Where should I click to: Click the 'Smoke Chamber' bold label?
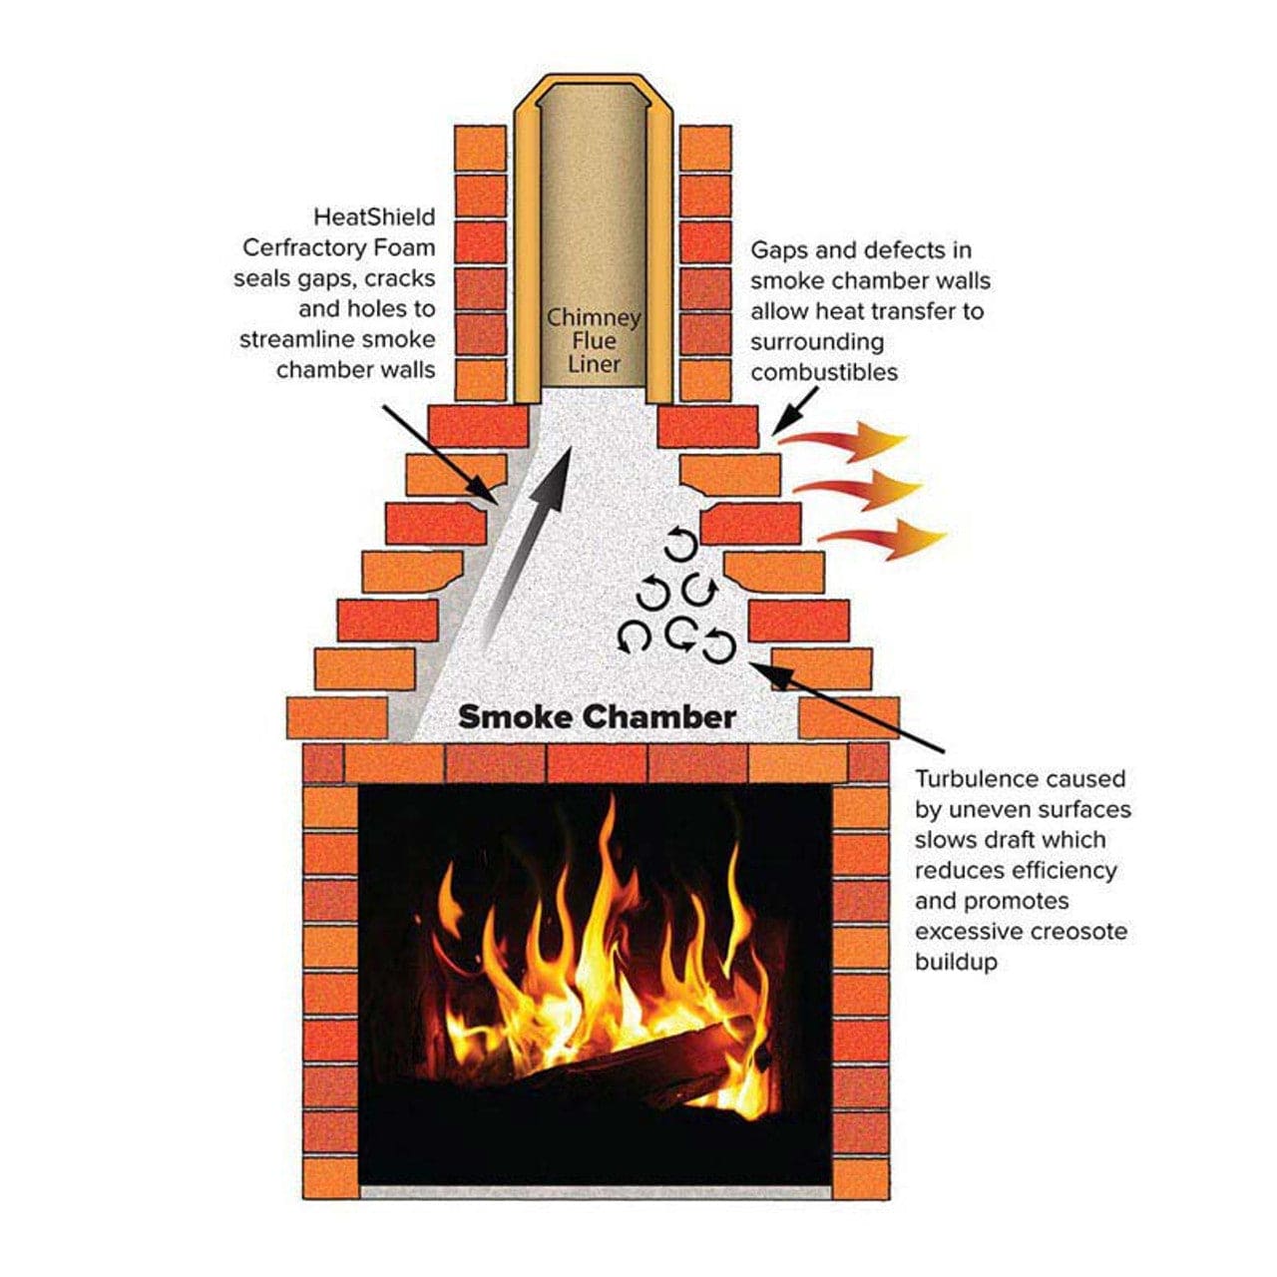597,716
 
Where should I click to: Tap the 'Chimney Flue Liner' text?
594,340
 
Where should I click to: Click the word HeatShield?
374,216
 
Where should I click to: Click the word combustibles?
824,373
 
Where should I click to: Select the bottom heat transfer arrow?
883,540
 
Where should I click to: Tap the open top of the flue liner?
595,96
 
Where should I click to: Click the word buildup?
956,963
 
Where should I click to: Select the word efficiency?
1065,870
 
